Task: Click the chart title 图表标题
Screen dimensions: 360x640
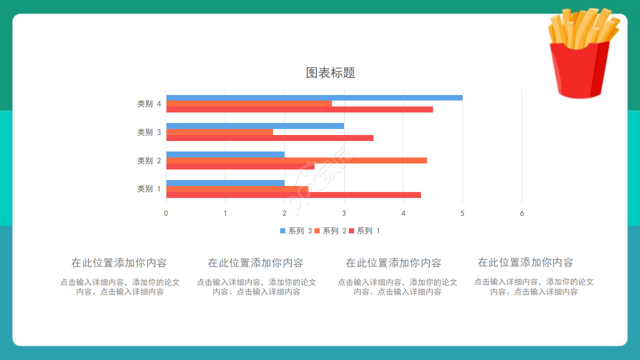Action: click(330, 73)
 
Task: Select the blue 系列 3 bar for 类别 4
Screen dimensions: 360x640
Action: click(314, 97)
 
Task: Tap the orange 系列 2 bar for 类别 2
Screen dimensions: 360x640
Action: click(296, 160)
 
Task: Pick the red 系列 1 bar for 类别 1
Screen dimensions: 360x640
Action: click(293, 195)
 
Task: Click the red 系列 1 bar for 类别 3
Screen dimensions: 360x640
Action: click(269, 138)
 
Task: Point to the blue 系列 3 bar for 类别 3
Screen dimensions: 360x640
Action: click(255, 126)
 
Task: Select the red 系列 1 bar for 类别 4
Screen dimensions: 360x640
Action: click(299, 109)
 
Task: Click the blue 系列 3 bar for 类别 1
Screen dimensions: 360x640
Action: click(225, 183)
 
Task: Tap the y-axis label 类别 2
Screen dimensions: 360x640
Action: click(149, 160)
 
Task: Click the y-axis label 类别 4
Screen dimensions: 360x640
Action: click(149, 104)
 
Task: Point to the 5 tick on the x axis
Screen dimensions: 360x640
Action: click(462, 213)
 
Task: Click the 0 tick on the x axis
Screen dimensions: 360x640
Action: click(166, 213)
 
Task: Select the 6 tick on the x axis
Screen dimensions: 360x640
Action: click(522, 213)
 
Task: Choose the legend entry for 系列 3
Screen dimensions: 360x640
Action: click(296, 231)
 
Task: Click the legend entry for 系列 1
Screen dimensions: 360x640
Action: click(364, 231)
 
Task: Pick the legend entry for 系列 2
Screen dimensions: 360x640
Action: click(330, 231)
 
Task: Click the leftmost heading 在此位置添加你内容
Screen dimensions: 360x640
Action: click(119, 263)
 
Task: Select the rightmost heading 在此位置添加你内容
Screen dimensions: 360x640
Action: click(525, 262)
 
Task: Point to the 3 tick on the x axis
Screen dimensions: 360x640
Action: click(344, 213)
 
